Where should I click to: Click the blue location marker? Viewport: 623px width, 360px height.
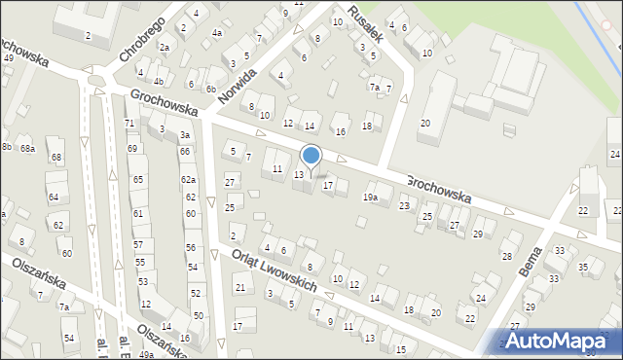[311, 156]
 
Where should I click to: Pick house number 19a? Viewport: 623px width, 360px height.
[370, 198]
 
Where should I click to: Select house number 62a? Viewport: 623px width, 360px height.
[188, 181]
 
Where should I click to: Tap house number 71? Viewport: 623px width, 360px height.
[129, 123]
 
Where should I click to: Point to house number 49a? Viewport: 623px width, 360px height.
[146, 354]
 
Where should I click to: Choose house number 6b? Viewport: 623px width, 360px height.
[210, 89]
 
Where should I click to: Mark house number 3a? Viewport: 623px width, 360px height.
[184, 135]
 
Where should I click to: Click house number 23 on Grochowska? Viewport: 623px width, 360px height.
[404, 205]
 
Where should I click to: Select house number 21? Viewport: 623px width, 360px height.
[239, 287]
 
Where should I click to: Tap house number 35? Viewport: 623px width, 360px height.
[583, 267]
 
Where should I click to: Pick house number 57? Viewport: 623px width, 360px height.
[138, 245]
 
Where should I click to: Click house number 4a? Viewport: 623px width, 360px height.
[217, 33]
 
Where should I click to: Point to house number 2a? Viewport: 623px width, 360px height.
[165, 48]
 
